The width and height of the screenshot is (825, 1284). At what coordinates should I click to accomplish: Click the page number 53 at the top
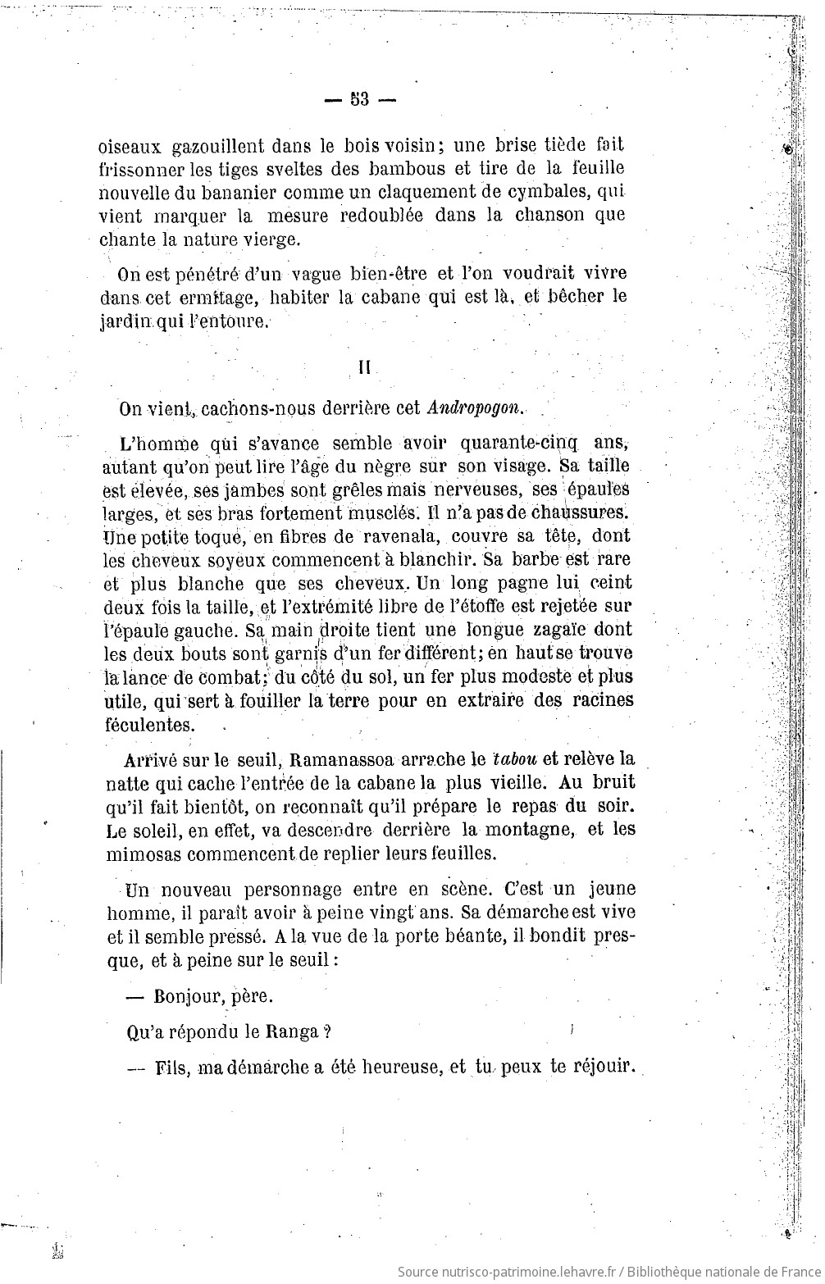[x=360, y=99]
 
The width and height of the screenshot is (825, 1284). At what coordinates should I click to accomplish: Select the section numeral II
[x=364, y=368]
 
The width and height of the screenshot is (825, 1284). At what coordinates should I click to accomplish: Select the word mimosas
[x=140, y=853]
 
